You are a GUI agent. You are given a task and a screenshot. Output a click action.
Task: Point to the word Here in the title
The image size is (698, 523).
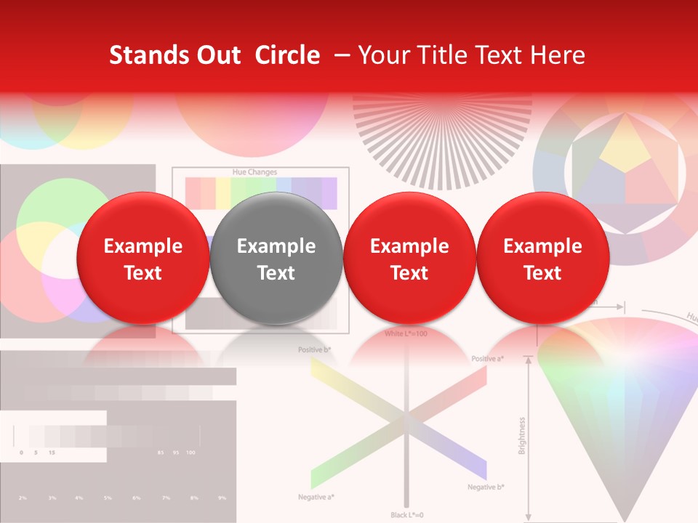pos(558,55)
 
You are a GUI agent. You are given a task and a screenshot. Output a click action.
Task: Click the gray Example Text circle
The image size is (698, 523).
pos(276,259)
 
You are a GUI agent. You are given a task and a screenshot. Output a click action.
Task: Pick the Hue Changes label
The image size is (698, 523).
pos(254,172)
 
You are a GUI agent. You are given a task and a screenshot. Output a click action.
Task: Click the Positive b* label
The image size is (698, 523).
pos(315,350)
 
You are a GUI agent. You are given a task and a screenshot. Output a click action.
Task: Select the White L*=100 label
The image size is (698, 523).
pos(406,333)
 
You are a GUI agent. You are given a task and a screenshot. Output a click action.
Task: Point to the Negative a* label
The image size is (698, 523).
pos(316,497)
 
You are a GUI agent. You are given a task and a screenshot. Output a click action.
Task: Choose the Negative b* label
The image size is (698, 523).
pos(486,487)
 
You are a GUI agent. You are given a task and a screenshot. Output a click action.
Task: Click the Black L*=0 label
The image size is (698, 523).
pos(406,514)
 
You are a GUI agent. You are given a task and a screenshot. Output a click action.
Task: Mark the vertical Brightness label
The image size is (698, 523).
pos(522,436)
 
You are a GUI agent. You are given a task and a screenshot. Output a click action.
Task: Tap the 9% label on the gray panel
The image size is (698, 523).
pos(222,498)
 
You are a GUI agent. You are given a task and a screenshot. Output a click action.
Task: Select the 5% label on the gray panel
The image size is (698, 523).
pos(108,498)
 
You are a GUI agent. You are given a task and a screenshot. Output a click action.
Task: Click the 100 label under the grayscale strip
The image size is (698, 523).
pos(190,453)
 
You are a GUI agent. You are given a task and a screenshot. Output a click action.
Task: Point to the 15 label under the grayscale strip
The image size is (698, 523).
pos(51,453)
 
